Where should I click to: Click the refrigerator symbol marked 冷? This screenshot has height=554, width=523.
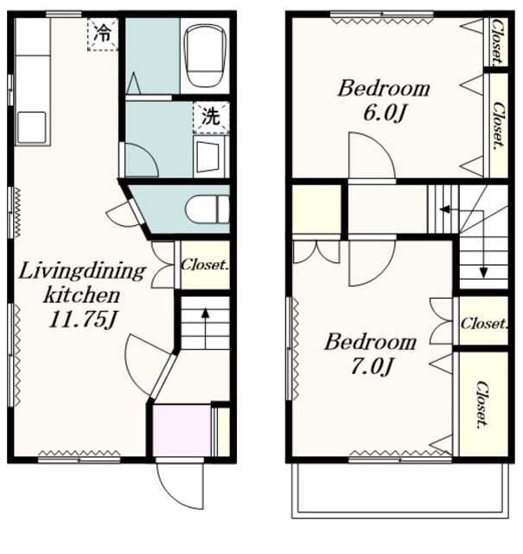[103, 35]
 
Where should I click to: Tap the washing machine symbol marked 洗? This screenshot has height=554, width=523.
[211, 118]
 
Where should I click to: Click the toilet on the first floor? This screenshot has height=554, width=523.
[207, 209]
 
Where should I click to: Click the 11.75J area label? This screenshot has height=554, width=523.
[82, 319]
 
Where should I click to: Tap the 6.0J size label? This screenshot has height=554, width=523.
[384, 113]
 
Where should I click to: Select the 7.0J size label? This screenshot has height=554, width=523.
[371, 366]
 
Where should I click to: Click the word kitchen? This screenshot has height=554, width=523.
[81, 295]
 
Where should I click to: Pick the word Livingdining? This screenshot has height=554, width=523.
[82, 271]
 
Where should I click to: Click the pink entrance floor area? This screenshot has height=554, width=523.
[182, 430]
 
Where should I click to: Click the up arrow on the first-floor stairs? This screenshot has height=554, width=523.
[206, 328]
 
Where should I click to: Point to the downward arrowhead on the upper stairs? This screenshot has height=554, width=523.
[483, 273]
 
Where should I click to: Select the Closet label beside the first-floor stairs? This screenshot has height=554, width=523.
[205, 265]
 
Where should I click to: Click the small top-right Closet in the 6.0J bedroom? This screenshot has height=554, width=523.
[497, 42]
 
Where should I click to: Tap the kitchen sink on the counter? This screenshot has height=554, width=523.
[32, 127]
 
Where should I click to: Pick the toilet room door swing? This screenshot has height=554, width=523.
[122, 214]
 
